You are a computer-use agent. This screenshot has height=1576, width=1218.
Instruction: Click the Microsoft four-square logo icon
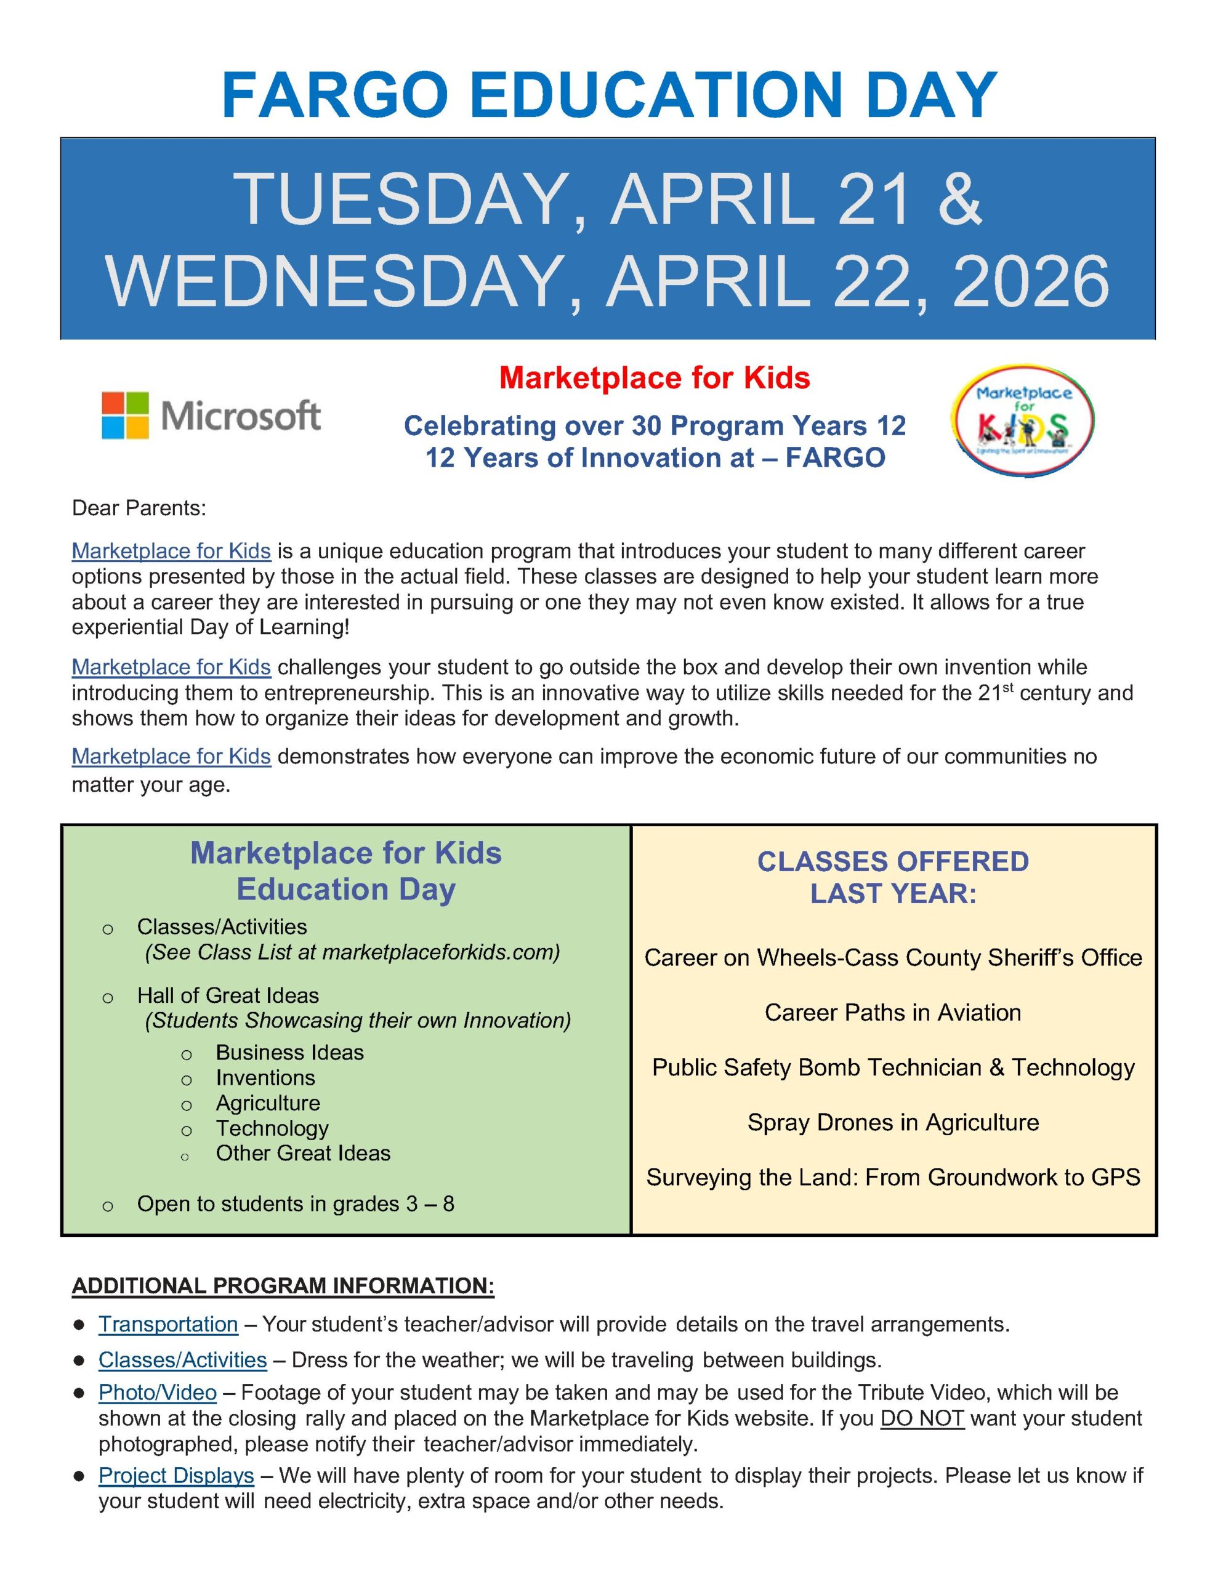(x=126, y=415)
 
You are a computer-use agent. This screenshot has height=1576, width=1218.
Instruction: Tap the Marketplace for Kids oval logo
(x=1023, y=420)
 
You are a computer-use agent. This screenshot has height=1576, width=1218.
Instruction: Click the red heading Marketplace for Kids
(x=654, y=378)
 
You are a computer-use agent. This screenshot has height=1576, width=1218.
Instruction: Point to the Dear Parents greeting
(x=139, y=508)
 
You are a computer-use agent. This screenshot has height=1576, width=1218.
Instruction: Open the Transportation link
(x=168, y=1324)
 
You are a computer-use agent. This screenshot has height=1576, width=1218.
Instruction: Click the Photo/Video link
(x=158, y=1392)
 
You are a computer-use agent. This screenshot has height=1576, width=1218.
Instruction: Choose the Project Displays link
(x=176, y=1475)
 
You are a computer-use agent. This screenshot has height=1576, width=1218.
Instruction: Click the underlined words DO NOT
(x=922, y=1418)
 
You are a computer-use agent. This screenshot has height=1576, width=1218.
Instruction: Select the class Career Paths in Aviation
(x=892, y=1013)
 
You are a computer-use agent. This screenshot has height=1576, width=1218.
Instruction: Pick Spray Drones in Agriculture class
(x=893, y=1122)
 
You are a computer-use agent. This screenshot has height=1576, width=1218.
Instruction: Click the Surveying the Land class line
(x=893, y=1177)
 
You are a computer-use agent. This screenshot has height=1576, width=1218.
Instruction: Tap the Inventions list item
(x=265, y=1077)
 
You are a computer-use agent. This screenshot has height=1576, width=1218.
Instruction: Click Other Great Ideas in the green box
(x=302, y=1152)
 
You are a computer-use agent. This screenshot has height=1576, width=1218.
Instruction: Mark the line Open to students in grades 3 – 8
(x=296, y=1204)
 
